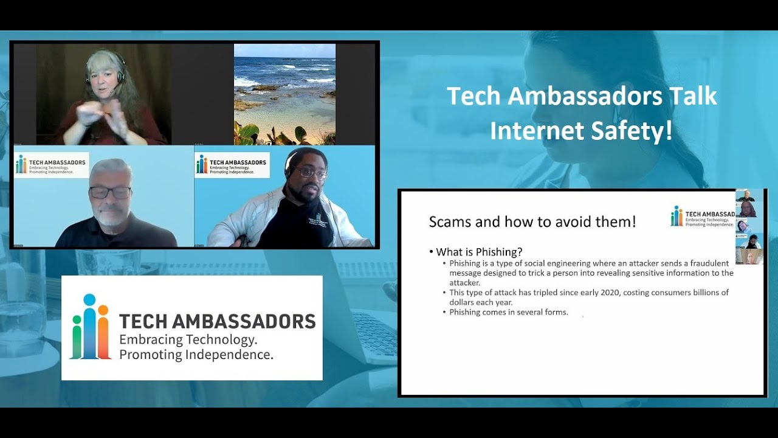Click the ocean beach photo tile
(284, 94)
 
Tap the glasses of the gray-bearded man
(110, 192)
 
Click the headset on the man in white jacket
(290, 163)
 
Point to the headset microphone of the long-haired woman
(112, 91)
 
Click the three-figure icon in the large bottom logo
(90, 327)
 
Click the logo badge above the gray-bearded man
(52, 164)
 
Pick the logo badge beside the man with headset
(232, 164)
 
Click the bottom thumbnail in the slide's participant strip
(749, 256)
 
